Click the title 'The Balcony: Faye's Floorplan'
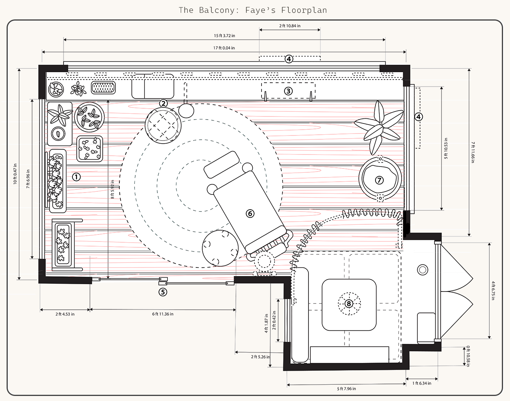(x=253, y=10)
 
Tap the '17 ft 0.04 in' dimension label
(x=224, y=48)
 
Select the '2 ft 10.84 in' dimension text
(x=289, y=26)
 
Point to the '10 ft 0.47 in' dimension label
(x=15, y=174)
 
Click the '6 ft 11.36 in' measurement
(x=163, y=314)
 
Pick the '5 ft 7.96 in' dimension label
(x=346, y=389)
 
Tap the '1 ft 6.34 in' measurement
(x=422, y=384)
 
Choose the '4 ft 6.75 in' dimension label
(x=493, y=290)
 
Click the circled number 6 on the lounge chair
(x=250, y=214)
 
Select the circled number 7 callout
(x=379, y=180)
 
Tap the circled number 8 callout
(x=349, y=304)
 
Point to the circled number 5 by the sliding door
(x=163, y=292)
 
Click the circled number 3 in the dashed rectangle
(x=288, y=91)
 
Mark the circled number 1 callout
(x=76, y=177)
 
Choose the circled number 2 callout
(x=164, y=103)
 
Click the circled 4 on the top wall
(x=289, y=59)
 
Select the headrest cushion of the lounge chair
(x=222, y=165)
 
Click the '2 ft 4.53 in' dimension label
(x=65, y=314)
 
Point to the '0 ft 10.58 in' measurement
(x=468, y=356)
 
